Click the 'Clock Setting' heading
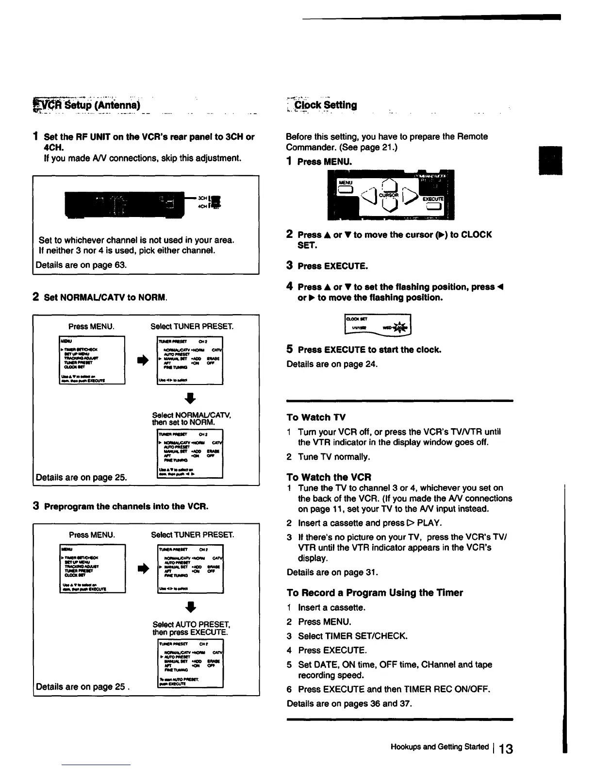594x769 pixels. point(326,105)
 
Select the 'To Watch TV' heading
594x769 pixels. point(316,418)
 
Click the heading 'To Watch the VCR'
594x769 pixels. point(329,477)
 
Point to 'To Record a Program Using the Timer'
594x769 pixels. point(375,593)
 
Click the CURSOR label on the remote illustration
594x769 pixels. point(388,195)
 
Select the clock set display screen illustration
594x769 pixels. point(377,324)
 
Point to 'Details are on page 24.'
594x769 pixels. point(332,364)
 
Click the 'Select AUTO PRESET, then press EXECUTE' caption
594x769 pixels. point(191,628)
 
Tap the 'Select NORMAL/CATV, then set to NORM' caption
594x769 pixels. point(191,418)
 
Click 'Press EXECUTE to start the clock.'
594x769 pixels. point(369,350)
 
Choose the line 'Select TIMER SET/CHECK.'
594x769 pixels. point(353,636)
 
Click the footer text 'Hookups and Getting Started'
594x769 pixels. point(439,747)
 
